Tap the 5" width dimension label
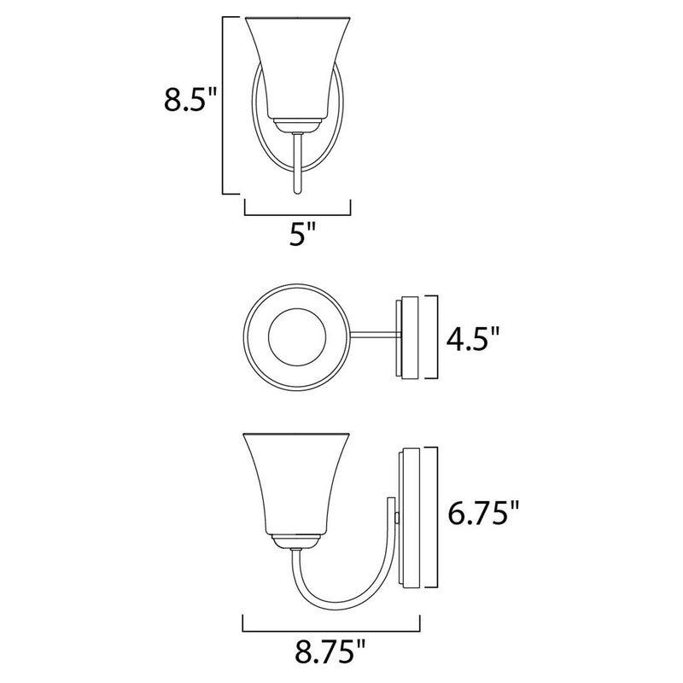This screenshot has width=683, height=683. [297, 235]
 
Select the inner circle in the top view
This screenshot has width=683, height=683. [296, 337]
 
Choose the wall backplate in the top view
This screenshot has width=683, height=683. [407, 337]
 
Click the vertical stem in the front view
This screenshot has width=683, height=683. [296, 162]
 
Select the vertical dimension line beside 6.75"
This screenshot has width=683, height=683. [436, 517]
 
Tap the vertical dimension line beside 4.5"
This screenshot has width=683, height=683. [437, 337]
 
